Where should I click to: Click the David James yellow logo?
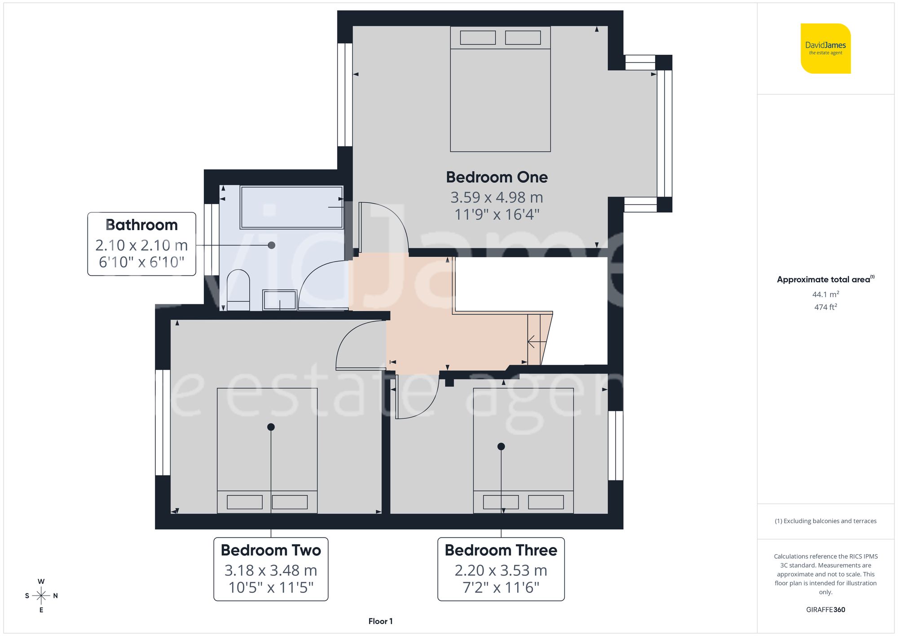tap(825, 49)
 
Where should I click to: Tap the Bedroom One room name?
tap(497, 177)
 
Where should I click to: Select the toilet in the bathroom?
tap(238, 290)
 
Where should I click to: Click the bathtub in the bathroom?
tap(292, 207)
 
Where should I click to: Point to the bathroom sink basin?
tap(280, 300)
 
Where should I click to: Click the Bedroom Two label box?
tap(271, 569)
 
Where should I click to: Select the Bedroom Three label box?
tap(501, 569)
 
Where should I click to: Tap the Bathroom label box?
tap(141, 244)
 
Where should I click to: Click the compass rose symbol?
tap(41, 596)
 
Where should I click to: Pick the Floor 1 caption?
tap(380, 621)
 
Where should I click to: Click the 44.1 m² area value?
tap(825, 294)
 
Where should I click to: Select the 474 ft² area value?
tap(825, 307)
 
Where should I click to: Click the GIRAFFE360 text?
tap(825, 609)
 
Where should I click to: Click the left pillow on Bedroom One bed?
tap(478, 38)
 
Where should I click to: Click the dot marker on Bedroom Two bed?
tap(271, 427)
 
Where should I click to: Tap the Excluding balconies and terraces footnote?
tap(825, 521)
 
